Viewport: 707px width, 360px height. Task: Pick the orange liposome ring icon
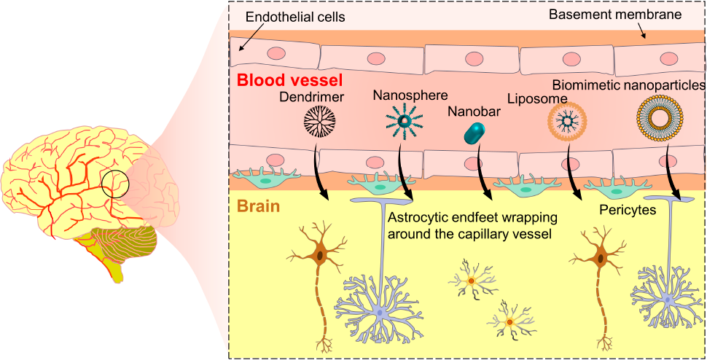(x=564, y=122)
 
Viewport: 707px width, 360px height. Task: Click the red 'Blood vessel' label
(x=290, y=81)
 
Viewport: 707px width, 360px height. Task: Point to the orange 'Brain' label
(x=258, y=207)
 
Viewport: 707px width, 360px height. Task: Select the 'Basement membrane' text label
(x=614, y=15)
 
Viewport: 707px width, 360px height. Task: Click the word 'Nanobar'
(x=474, y=111)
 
